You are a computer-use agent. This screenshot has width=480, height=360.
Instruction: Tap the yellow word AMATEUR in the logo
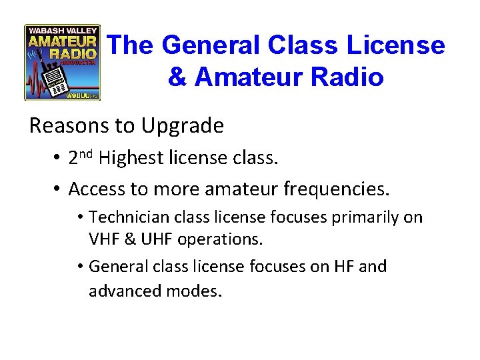61,40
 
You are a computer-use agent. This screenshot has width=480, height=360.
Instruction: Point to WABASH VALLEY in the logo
61,29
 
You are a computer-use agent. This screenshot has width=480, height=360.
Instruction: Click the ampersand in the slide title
177,77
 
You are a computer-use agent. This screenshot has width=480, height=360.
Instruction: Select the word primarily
367,218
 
